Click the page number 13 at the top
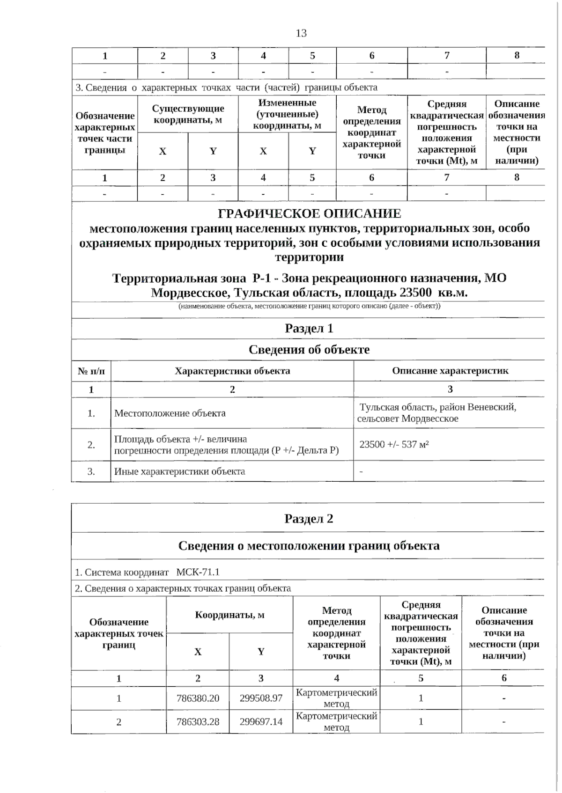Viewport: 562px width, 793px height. pos(301,33)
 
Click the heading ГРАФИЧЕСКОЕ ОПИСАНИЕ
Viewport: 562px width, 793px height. pos(310,214)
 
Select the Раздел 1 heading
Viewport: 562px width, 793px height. pos(309,329)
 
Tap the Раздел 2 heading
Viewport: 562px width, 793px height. pos(309,519)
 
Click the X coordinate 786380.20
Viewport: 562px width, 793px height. pos(198,698)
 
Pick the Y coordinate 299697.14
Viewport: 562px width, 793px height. pos(261,721)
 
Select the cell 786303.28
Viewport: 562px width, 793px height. pos(198,721)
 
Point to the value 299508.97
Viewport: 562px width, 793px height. pos(261,698)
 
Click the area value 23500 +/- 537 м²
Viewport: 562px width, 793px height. pos(394,444)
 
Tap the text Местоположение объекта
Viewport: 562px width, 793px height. pos(170,413)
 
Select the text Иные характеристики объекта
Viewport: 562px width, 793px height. pos(179,471)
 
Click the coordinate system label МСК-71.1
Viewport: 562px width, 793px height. pos(198,572)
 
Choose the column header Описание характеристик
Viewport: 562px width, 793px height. pos(450,371)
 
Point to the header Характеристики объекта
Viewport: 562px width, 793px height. pos(232,371)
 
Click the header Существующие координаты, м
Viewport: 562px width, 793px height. pos(188,114)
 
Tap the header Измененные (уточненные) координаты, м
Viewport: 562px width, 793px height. pos(287,114)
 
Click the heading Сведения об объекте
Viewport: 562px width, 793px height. pos(309,350)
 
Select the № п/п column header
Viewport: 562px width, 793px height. pos(91,371)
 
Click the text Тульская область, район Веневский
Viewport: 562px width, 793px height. pos(437,407)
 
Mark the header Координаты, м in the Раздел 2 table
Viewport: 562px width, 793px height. pos(229,615)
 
